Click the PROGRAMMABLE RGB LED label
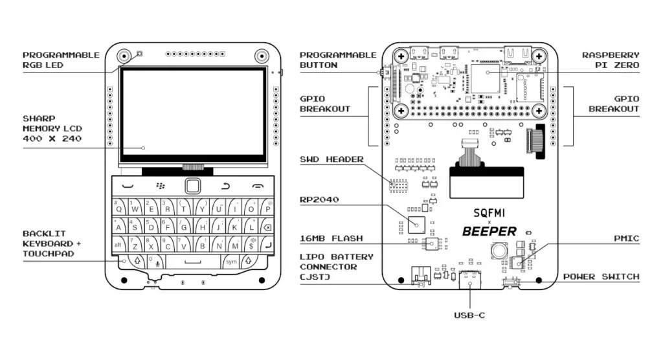coord(62,60)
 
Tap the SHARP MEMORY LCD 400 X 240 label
coord(52,129)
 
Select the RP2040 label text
coord(319,199)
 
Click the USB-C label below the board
coord(469,315)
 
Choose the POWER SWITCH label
coord(601,276)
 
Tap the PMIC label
coord(626,239)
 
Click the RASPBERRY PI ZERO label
coord(611,60)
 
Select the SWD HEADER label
coord(331,159)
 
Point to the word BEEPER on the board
coord(489,231)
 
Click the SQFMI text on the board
coord(489,212)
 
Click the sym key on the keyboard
coord(231,262)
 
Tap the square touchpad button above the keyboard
coord(192,186)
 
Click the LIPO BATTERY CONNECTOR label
coord(337,267)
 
